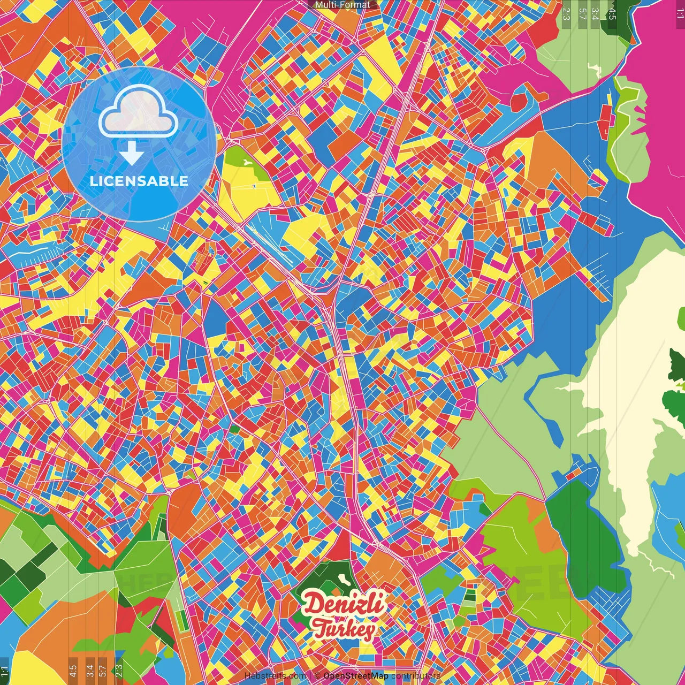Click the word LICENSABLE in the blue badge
[139, 181]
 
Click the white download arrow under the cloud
[132, 154]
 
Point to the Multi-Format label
[342, 5]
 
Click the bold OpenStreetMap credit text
[356, 676]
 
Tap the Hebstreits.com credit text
[275, 676]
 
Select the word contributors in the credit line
[416, 676]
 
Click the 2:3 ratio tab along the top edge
[566, 14]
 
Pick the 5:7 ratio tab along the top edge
[582, 14]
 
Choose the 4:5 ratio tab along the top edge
[612, 14]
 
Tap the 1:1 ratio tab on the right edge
[680, 14]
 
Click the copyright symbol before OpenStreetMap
[317, 676]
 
